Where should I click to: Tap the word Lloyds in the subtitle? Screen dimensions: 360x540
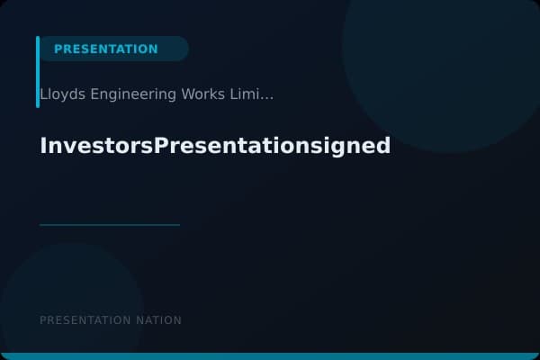60,94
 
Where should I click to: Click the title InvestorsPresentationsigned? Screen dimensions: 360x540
215,145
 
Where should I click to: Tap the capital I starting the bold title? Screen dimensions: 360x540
43,145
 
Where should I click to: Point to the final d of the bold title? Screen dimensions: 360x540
383,145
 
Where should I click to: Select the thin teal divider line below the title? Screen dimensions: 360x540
110,224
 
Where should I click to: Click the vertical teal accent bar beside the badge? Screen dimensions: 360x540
38,72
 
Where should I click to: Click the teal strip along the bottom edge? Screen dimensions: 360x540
270,356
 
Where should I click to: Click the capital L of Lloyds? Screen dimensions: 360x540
43,94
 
